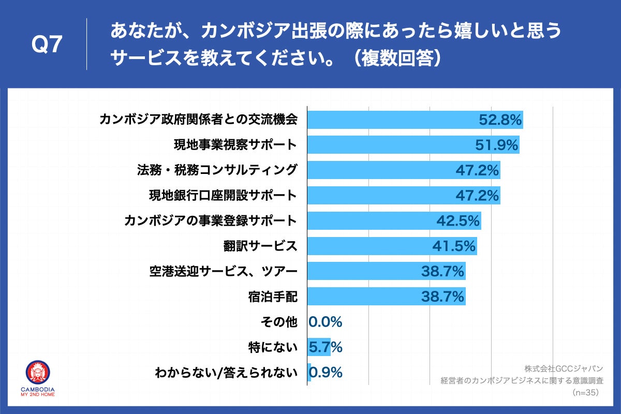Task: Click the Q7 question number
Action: pyautogui.click(x=47, y=46)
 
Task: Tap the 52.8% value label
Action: pyautogui.click(x=499, y=120)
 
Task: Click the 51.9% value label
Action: pyautogui.click(x=497, y=145)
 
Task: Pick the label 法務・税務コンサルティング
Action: pyautogui.click(x=217, y=170)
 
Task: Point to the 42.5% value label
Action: pyautogui.click(x=458, y=221)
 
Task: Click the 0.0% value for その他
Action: pyautogui.click(x=326, y=322)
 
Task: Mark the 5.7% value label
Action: pyautogui.click(x=326, y=347)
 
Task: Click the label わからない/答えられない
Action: pyautogui.click(x=226, y=373)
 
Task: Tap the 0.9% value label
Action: pyautogui.click(x=326, y=373)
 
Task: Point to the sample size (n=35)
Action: pyautogui.click(x=586, y=393)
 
